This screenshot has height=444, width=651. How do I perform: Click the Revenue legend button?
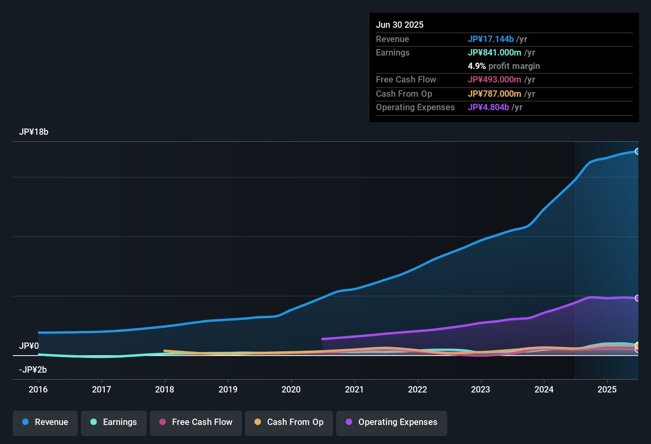pos(45,422)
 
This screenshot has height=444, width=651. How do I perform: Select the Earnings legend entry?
pos(114,422)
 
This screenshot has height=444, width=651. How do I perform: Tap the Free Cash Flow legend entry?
pos(196,422)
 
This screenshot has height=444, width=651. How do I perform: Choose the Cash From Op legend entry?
pos(289,422)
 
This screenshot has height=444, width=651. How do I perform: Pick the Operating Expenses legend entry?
pos(392,422)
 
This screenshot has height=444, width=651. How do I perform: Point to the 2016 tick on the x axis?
pos(38,389)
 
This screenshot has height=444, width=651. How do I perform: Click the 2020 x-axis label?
pos(291,389)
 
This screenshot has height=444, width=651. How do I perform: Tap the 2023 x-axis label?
pos(481,389)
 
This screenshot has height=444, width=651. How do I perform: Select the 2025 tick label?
pos(607,389)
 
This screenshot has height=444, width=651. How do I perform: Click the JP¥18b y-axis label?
pos(34,132)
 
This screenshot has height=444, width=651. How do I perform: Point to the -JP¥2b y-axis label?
pos(33,370)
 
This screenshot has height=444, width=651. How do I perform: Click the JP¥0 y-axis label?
pos(29,346)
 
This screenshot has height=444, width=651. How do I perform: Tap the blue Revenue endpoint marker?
pos(637,151)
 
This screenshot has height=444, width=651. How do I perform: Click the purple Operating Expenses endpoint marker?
pos(637,298)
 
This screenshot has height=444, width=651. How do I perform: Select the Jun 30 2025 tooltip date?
pos(400,25)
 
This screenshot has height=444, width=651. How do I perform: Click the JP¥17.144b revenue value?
pos(491,39)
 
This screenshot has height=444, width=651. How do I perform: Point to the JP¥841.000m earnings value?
pos(494,53)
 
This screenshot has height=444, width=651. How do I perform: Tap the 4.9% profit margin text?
pos(504,66)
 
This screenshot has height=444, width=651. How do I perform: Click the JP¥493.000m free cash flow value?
pos(494,80)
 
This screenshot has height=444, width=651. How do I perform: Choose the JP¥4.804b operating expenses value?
pos(488,107)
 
